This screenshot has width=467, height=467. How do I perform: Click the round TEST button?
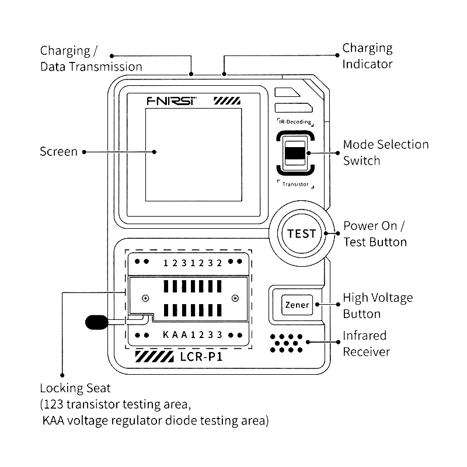(302, 234)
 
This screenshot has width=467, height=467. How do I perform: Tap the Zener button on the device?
(297, 305)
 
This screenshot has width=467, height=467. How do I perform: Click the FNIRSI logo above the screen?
(171, 100)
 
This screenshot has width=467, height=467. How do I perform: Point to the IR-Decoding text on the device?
(295, 122)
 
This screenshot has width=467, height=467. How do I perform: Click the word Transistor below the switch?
(295, 184)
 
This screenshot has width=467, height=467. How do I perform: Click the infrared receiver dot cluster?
(287, 343)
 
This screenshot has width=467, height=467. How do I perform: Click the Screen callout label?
(58, 152)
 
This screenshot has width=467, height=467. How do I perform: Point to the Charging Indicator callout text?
(367, 56)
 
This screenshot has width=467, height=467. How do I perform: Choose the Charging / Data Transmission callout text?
(90, 58)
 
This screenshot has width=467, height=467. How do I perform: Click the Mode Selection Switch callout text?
(385, 152)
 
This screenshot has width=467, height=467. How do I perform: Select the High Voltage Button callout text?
(377, 305)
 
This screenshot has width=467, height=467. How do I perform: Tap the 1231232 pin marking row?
(192, 263)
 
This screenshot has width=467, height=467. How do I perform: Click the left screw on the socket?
(145, 298)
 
